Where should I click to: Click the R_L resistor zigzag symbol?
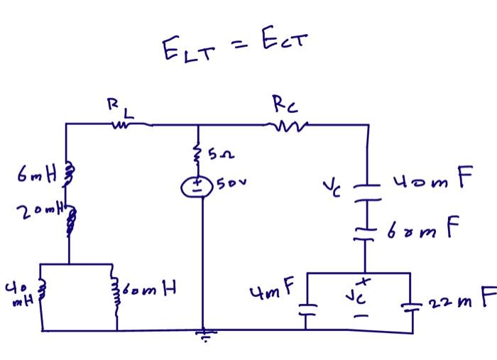[x=120, y=126]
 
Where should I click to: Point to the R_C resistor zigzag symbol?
[x=285, y=126]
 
